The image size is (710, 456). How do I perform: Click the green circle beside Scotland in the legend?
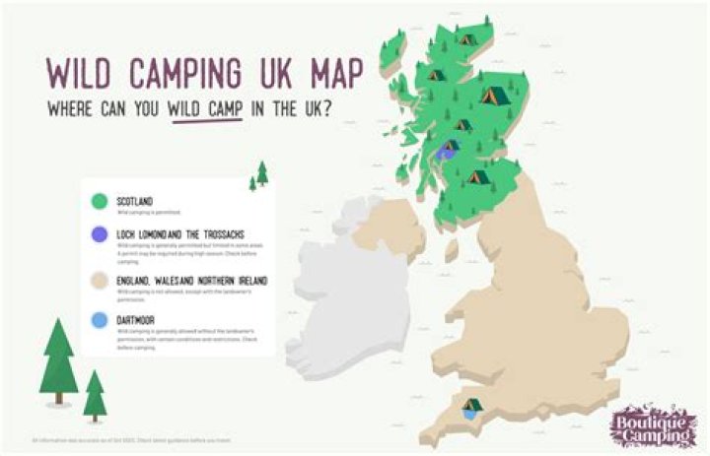(99, 202)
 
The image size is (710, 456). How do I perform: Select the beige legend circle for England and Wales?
(99, 283)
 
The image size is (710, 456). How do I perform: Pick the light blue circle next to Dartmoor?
(99, 320)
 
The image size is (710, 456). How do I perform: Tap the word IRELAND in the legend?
(248, 281)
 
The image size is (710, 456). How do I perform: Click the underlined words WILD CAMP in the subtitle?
(205, 109)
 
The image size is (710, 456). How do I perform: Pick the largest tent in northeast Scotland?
(492, 96)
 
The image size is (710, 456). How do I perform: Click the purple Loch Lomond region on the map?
(449, 151)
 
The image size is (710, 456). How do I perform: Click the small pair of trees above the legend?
(259, 176)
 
